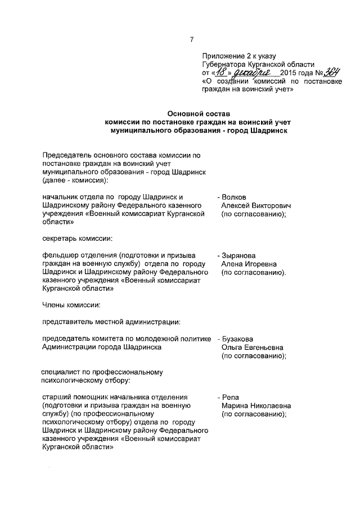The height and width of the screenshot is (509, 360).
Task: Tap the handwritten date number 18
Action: pos(223,73)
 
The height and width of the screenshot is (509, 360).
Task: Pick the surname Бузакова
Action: pos(238,339)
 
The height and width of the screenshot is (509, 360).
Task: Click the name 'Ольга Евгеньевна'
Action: pos(252,348)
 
